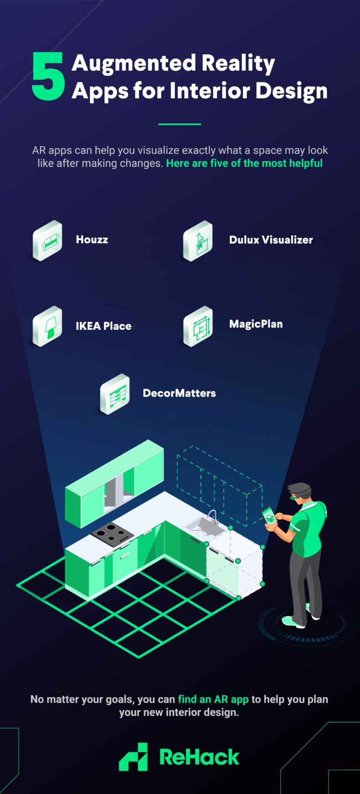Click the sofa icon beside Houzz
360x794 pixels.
click(x=47, y=240)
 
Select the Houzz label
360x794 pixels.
click(x=92, y=240)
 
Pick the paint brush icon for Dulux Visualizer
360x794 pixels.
click(x=198, y=241)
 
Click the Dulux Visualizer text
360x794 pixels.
click(x=270, y=240)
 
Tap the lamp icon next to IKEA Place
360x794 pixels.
click(x=48, y=326)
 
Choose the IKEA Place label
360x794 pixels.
click(x=104, y=326)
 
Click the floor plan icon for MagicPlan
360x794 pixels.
click(x=198, y=326)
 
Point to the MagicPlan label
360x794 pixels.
click(x=255, y=324)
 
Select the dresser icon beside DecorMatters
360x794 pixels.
click(x=115, y=394)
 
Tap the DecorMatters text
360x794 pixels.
click(x=179, y=393)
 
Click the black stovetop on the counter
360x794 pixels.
click(x=112, y=533)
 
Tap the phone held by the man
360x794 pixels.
click(x=269, y=516)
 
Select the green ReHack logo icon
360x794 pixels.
click(x=134, y=757)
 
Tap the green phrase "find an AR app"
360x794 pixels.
click(x=213, y=699)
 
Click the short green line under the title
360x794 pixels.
click(x=180, y=124)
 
